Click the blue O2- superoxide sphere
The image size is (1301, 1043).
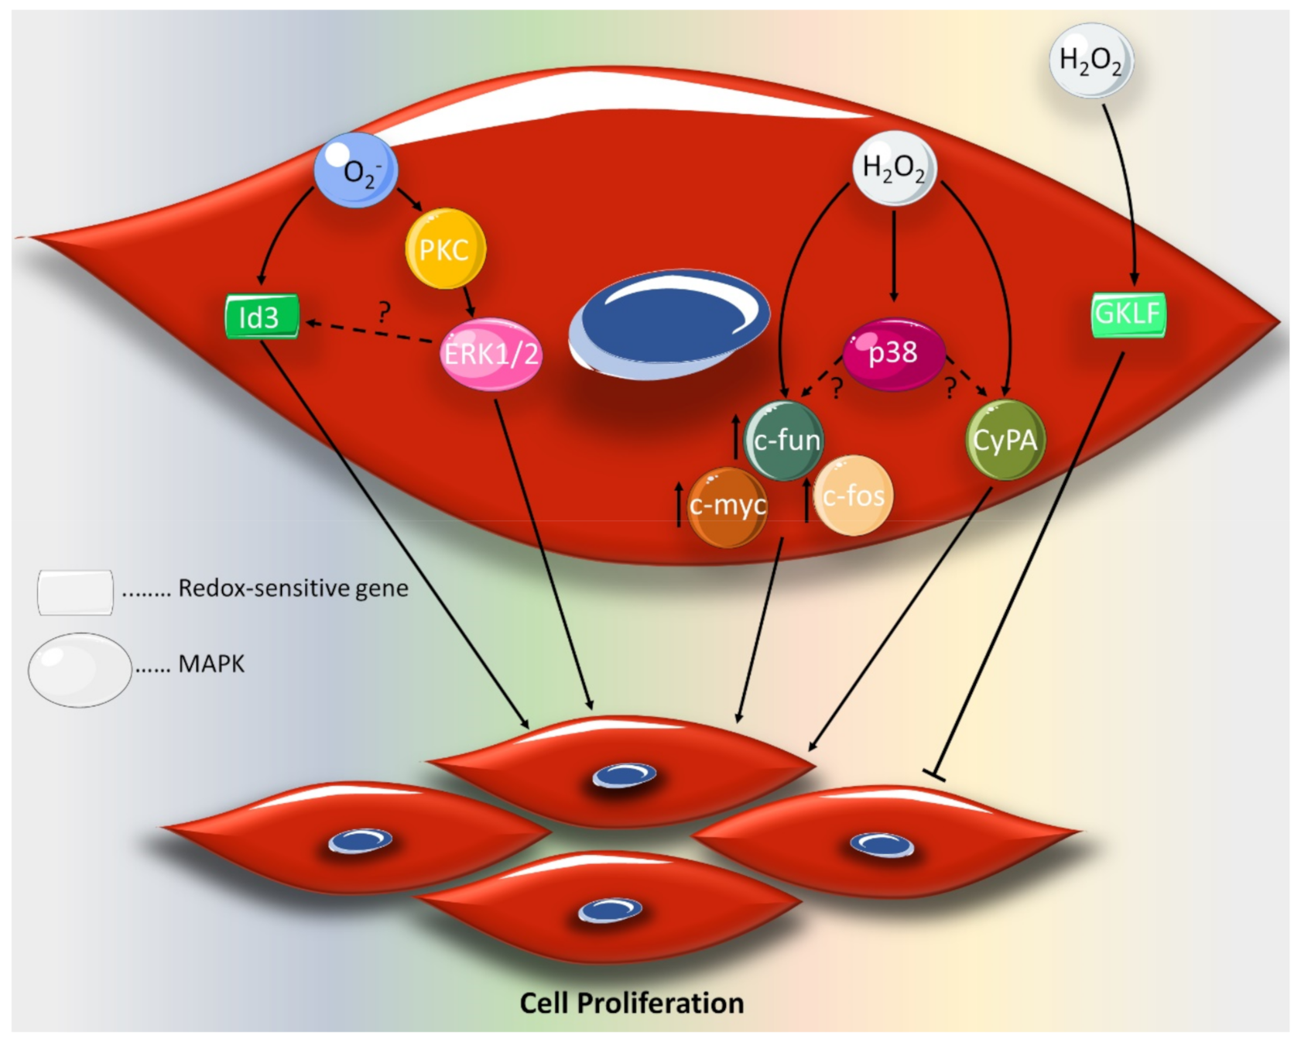(x=356, y=170)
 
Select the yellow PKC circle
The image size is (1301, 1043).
(x=445, y=249)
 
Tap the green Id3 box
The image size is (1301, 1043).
(x=262, y=317)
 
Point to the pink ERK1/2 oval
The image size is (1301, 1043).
(x=491, y=354)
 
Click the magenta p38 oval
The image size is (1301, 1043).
(x=894, y=354)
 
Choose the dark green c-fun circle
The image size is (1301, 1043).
(x=784, y=440)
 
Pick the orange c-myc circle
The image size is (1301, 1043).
(x=728, y=506)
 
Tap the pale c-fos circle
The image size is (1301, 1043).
(x=853, y=496)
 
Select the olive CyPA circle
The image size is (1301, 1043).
(x=1005, y=440)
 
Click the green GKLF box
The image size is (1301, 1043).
(x=1128, y=314)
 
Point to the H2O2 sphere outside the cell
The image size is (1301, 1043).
(x=1091, y=60)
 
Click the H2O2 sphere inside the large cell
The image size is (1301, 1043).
(x=894, y=167)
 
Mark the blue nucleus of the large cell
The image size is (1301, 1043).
(x=670, y=323)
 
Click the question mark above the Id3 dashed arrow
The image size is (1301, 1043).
(x=384, y=312)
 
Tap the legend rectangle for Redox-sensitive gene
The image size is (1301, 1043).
(x=75, y=592)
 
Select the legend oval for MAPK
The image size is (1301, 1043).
(x=80, y=670)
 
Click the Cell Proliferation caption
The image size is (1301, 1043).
(x=632, y=1003)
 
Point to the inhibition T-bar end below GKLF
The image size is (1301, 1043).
(x=934, y=774)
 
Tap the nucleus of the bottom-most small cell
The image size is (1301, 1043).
(x=611, y=911)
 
